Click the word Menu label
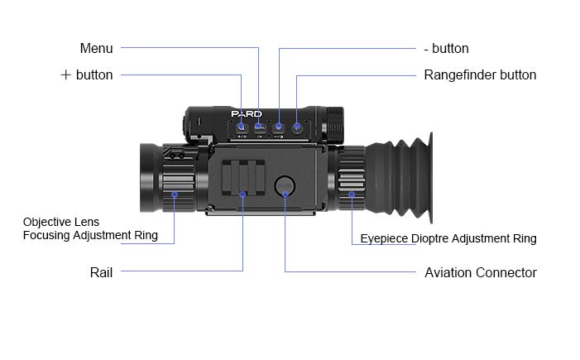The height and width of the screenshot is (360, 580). (96, 49)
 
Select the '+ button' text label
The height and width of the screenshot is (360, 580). (87, 75)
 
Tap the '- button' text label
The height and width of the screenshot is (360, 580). (451, 49)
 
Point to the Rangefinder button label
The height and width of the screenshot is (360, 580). (480, 75)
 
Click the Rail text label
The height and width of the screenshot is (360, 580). (101, 272)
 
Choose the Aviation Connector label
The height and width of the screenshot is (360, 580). (480, 272)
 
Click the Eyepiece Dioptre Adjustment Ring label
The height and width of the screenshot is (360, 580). (448, 238)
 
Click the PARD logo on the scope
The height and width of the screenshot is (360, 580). (246, 114)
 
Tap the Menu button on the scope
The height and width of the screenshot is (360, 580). (259, 127)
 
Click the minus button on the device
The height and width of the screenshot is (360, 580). (279, 127)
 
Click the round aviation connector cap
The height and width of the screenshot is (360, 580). (285, 185)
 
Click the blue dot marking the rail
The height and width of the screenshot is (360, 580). (242, 194)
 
